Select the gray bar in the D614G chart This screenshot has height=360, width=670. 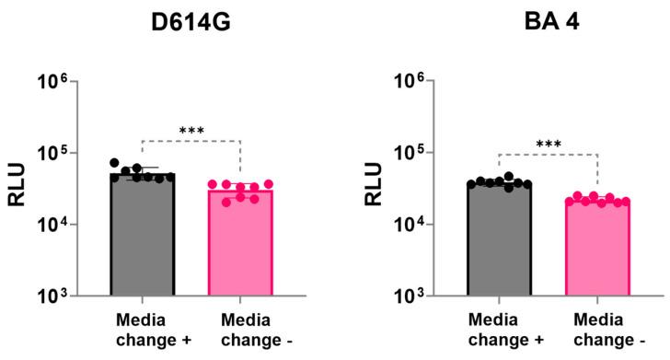coord(143,239)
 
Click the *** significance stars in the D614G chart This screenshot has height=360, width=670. coord(191,133)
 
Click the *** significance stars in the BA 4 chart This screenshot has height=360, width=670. coord(549,145)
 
